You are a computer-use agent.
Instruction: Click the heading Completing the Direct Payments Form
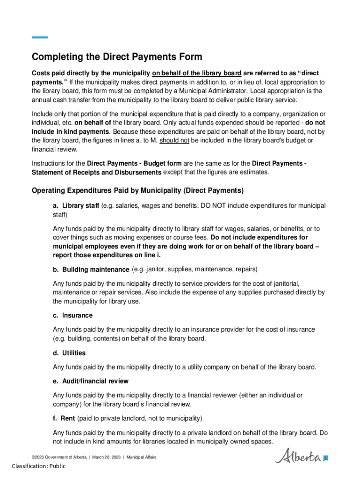[117, 57]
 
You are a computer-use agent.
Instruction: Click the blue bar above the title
[40, 37]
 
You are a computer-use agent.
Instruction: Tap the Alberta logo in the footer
[302, 456]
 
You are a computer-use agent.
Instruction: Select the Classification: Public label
[39, 466]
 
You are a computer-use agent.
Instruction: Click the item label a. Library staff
[76, 206]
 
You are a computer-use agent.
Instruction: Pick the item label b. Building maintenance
[91, 269]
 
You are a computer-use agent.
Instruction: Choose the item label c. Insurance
[72, 315]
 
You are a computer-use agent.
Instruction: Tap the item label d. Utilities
[69, 353]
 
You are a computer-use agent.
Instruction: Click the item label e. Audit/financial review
[91, 381]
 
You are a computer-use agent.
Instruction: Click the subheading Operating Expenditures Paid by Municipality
[137, 191]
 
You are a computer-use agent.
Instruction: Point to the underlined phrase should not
[174, 140]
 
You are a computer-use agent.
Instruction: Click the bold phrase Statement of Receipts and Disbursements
[96, 173]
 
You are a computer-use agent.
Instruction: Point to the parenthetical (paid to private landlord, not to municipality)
[140, 418]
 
